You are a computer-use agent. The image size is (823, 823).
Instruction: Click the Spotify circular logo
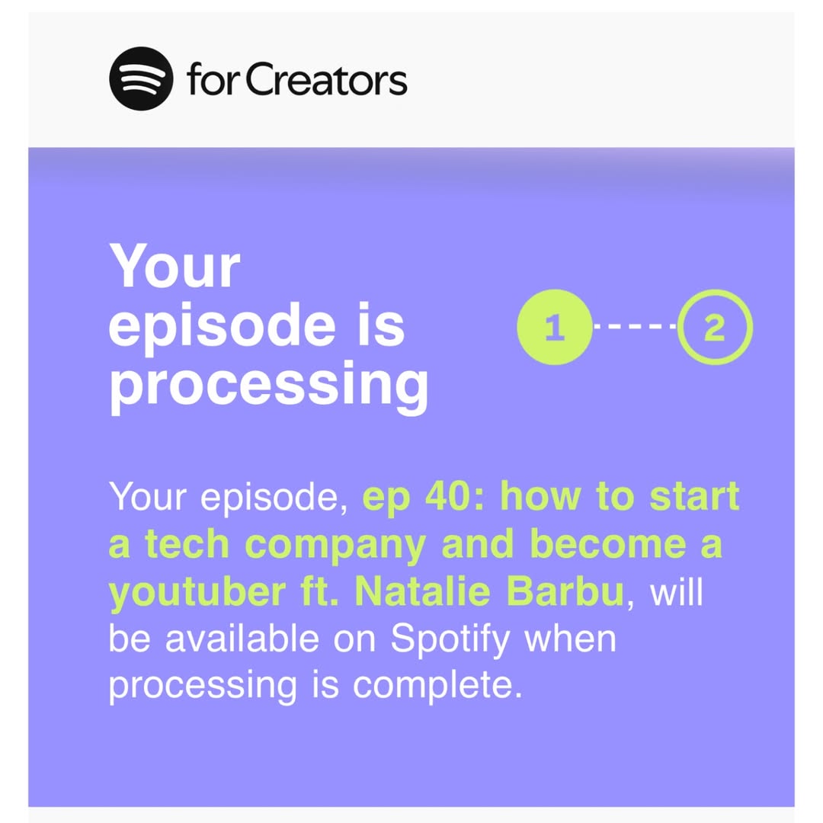141,78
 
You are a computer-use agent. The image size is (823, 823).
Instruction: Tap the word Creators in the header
326,79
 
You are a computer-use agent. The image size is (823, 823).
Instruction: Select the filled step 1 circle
554,327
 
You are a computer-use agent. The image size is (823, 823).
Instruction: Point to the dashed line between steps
635,326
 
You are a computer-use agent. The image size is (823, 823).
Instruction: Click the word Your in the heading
175,266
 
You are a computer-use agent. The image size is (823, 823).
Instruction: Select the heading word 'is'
382,325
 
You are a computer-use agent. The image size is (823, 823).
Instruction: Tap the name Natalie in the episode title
423,592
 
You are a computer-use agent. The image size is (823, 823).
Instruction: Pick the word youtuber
197,594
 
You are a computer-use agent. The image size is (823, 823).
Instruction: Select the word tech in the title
187,544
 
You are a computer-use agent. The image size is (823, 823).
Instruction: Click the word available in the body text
242,639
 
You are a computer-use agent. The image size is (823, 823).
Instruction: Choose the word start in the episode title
694,496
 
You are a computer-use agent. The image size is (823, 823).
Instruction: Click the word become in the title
608,544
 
